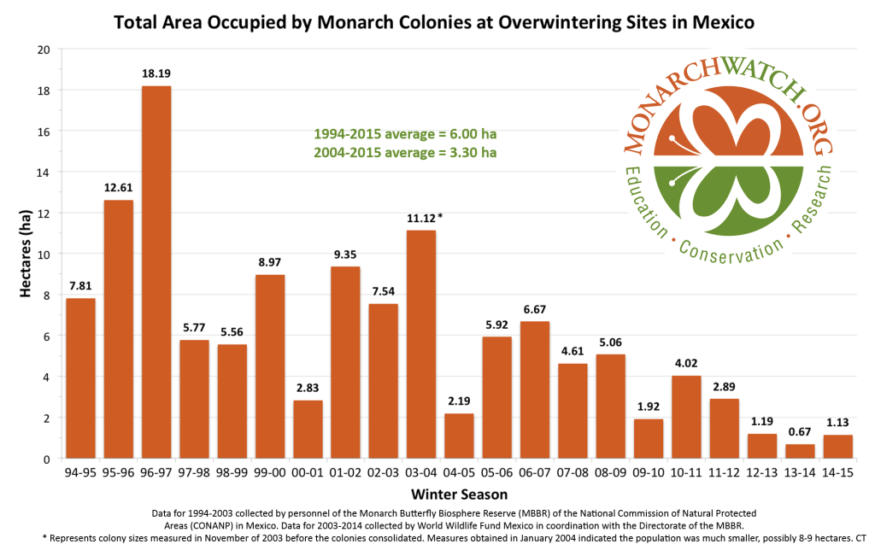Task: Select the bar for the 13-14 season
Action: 800,451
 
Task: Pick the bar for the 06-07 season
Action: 535,389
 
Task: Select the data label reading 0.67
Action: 800,432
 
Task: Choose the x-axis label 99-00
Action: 270,472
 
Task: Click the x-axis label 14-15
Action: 837,472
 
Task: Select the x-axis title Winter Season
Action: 459,494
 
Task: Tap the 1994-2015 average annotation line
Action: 405,135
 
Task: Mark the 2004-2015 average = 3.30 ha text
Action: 405,153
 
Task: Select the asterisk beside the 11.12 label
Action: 440,217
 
